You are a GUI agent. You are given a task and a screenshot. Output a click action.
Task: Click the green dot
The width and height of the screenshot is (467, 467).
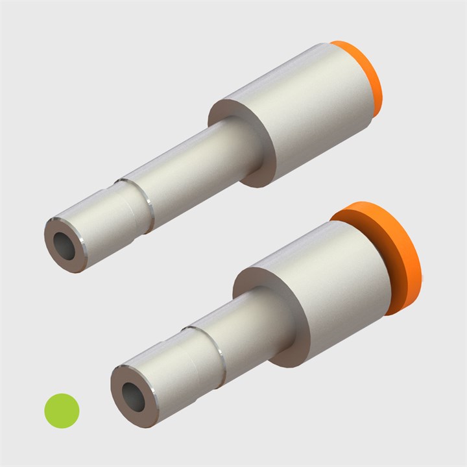click(x=62, y=410)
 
